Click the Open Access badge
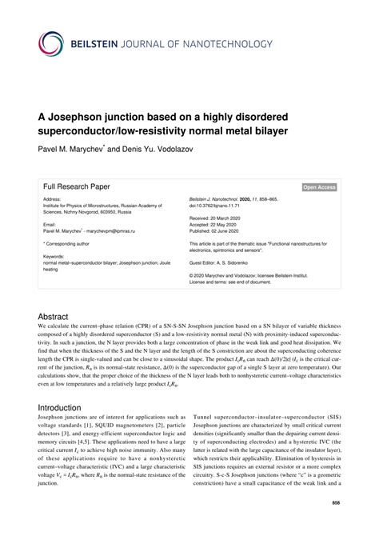pos(319,187)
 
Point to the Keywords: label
pos(56,258)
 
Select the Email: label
pos(50,223)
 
